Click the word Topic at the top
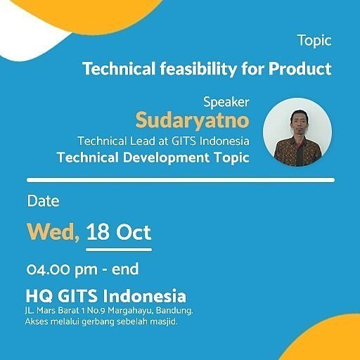(314, 40)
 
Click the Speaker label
(226, 101)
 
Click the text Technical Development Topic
(153, 157)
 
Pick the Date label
(43, 201)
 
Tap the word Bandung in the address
(174, 310)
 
